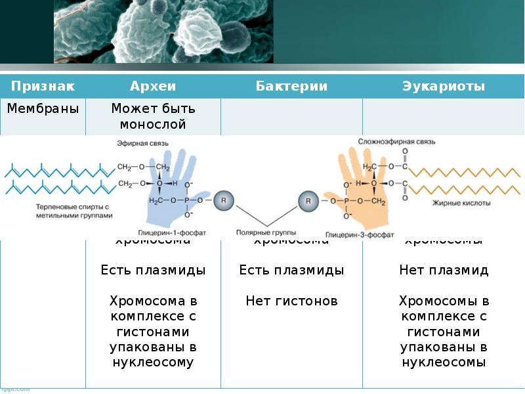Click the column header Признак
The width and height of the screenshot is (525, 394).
43,86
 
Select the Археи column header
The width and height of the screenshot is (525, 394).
153,86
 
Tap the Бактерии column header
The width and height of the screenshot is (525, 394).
291,86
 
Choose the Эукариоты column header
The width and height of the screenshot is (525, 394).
443,86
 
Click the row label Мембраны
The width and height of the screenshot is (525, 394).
43,108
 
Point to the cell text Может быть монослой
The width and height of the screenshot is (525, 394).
153,116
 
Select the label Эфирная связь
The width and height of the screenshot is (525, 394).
143,142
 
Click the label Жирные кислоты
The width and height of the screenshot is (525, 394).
461,204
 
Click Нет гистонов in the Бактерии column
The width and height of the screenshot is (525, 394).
291,301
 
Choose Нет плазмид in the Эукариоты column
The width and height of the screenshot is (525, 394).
444,270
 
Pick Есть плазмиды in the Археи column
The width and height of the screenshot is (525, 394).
153,270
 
